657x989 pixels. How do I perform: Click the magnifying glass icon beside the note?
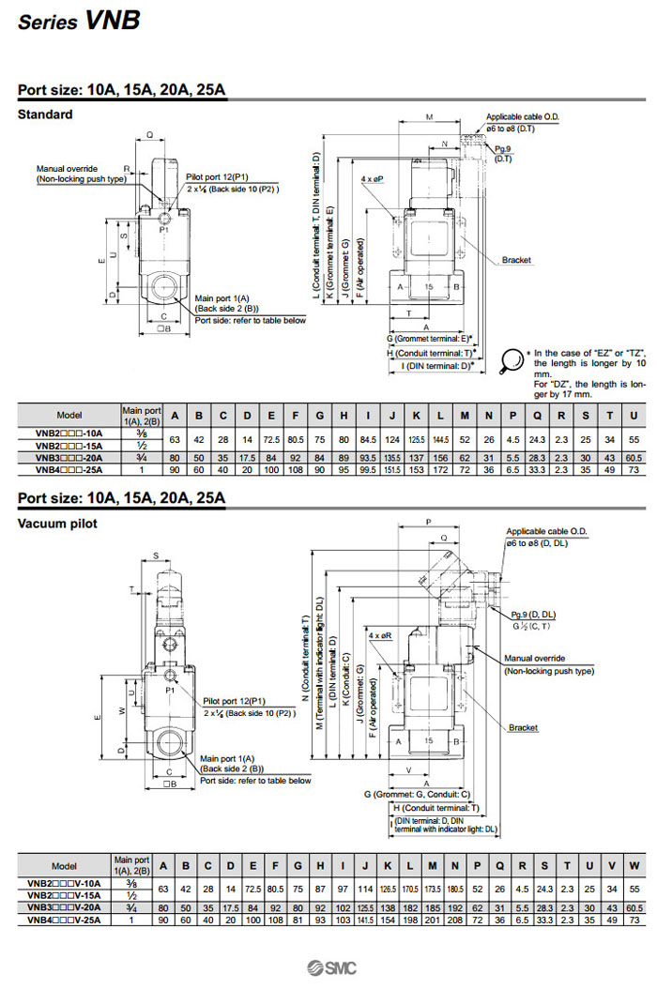(513, 358)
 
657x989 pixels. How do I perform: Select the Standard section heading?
(45, 114)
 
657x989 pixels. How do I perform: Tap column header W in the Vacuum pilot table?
(634, 864)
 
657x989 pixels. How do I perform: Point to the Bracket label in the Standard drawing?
(516, 260)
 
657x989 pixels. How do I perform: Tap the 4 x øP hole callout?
(373, 177)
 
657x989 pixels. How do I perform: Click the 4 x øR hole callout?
(380, 635)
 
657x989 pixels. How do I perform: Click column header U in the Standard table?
(634, 414)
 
